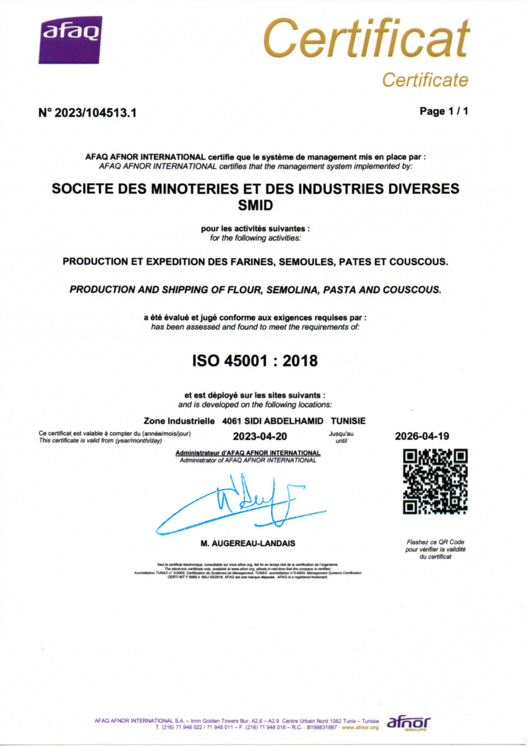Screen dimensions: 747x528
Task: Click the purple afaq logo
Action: pos(70,39)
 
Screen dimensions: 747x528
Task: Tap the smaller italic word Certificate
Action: pos(425,80)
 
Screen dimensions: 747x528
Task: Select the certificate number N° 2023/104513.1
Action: pos(88,113)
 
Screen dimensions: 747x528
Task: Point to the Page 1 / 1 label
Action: pos(444,111)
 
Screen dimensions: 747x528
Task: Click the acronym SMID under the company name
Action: pos(255,205)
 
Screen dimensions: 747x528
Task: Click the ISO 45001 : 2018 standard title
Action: pos(255,361)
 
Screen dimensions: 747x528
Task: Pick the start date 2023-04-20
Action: pos(260,437)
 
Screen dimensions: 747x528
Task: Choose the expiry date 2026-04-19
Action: pos(422,437)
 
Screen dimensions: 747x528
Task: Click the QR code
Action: pos(435,481)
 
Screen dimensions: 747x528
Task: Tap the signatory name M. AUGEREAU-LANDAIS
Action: pos(247,544)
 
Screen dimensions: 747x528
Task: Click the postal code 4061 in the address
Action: pos(232,421)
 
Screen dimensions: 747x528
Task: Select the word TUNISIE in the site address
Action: pos(348,421)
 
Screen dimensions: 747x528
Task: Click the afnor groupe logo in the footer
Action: pos(408,723)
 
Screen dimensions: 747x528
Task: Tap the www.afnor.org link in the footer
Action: pos(360,727)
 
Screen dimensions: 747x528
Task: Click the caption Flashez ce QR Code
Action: pos(435,542)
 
